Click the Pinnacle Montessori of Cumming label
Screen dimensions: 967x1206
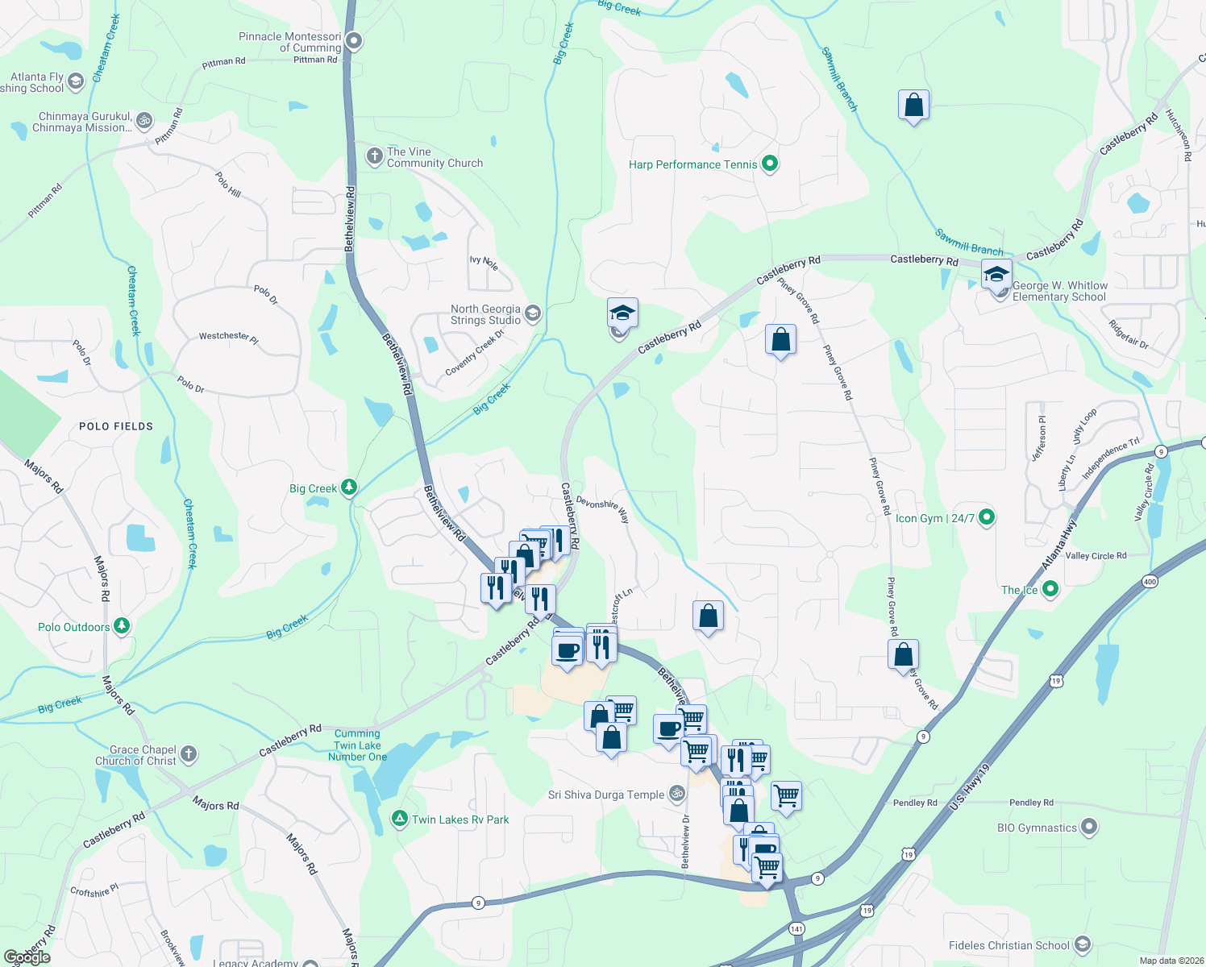pos(290,42)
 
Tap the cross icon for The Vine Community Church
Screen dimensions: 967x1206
pos(374,156)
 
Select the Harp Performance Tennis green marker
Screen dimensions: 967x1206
pos(770,164)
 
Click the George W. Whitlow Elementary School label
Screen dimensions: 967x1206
pos(1059,291)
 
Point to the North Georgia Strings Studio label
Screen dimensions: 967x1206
pos(485,314)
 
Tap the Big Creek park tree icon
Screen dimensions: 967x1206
pos(349,487)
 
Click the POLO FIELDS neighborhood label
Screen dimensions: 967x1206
pos(116,426)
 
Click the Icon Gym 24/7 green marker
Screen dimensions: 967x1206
pos(986,517)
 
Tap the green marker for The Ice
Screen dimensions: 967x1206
pos(1050,589)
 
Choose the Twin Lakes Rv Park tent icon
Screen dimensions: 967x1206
pos(399,819)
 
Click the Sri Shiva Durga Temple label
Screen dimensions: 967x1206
pos(606,795)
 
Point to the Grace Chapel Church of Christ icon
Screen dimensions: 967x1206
pos(189,754)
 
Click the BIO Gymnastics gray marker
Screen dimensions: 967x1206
pos(1089,827)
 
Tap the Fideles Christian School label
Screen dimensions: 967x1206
pos(1008,945)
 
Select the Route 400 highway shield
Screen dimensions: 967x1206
pos(1150,581)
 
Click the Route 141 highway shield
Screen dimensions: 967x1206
pos(796,928)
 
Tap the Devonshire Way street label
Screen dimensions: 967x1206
pos(603,509)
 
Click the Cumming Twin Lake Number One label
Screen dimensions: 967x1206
pos(357,745)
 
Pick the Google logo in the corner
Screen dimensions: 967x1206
pos(27,957)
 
